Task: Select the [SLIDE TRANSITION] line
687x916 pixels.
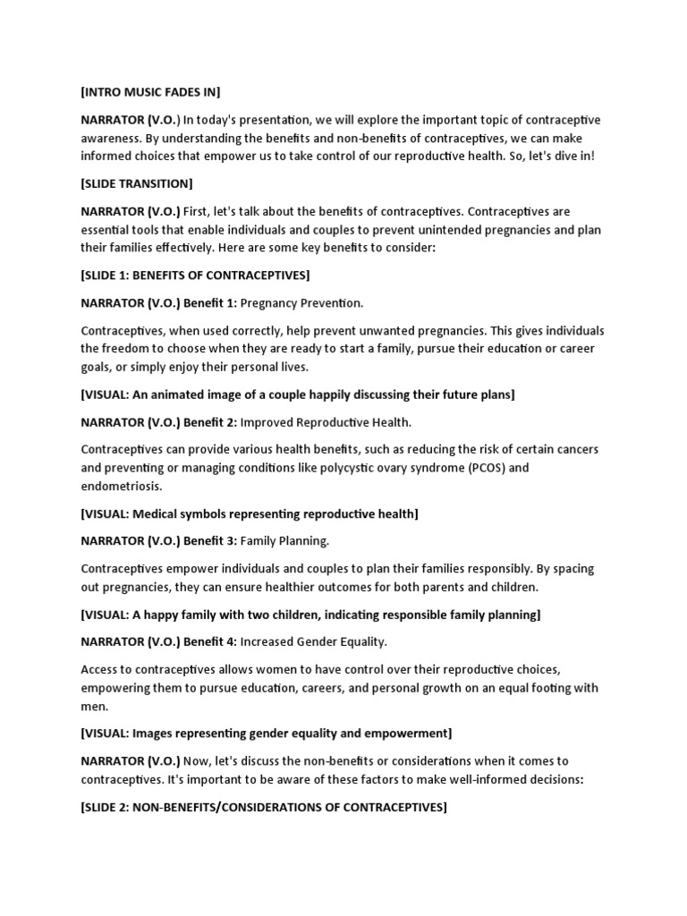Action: point(136,183)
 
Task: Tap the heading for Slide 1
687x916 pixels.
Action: point(195,275)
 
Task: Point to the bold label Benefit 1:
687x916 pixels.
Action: point(209,302)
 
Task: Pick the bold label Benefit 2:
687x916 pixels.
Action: point(209,421)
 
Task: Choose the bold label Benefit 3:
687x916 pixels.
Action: point(209,540)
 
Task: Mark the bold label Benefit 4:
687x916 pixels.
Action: point(209,641)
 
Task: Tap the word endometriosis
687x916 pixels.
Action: point(122,486)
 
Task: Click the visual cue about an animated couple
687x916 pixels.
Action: point(297,394)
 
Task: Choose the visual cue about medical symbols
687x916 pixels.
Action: point(249,513)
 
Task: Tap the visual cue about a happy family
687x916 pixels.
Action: point(310,615)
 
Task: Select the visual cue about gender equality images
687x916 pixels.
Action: point(266,734)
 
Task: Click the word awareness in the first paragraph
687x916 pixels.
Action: point(112,138)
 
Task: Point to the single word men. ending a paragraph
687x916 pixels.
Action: point(93,706)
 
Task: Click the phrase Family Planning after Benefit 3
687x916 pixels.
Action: point(285,540)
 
